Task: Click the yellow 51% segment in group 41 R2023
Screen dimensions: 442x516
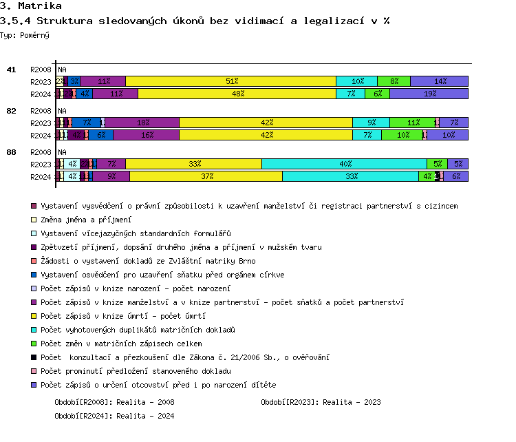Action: (230, 81)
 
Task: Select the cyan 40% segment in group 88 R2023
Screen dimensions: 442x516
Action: (344, 164)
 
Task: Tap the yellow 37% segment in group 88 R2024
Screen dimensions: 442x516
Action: (206, 176)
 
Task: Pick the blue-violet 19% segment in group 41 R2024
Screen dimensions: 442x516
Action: (429, 94)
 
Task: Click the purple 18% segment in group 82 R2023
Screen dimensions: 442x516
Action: (142, 123)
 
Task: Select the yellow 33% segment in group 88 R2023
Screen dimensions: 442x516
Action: (193, 164)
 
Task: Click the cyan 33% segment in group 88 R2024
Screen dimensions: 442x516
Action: (350, 176)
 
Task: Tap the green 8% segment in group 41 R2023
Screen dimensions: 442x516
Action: (394, 81)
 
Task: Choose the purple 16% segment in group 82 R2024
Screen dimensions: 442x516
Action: (146, 135)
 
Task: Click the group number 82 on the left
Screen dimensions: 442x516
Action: (11, 110)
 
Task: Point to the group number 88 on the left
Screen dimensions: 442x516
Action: (11, 151)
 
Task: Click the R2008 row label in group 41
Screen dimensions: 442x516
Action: (41, 70)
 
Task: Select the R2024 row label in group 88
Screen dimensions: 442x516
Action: (41, 177)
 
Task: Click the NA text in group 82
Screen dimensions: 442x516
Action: (62, 111)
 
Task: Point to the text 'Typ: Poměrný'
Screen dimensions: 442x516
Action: (25, 34)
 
